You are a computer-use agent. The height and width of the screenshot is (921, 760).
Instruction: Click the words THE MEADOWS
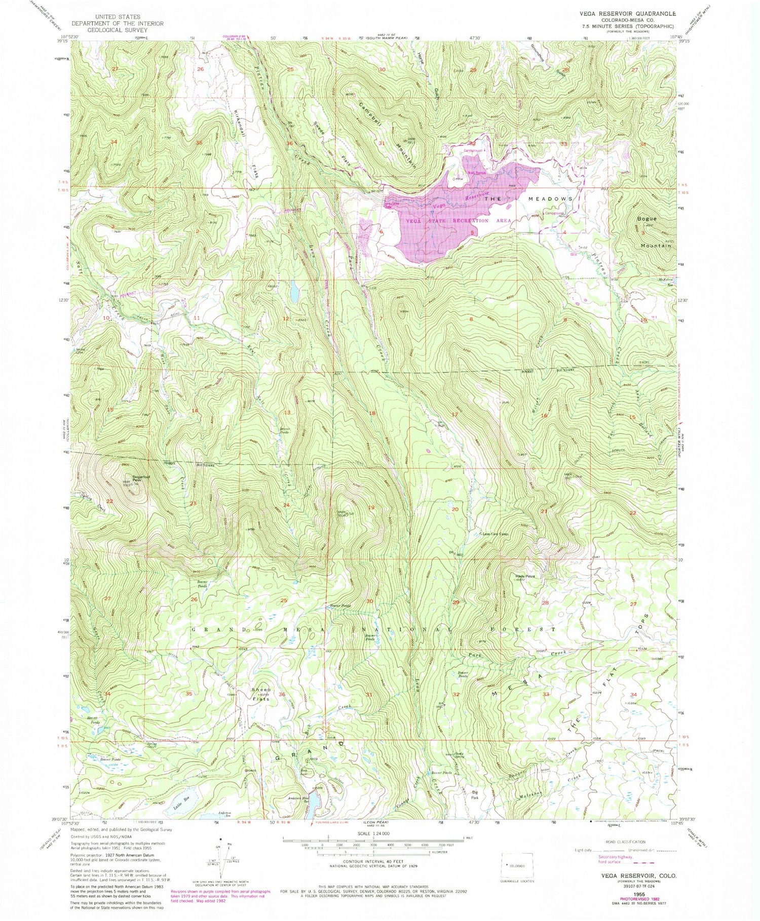point(529,199)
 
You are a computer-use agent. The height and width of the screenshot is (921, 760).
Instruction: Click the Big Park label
point(475,794)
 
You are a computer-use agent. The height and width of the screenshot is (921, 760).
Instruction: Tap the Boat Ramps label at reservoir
point(477,173)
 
